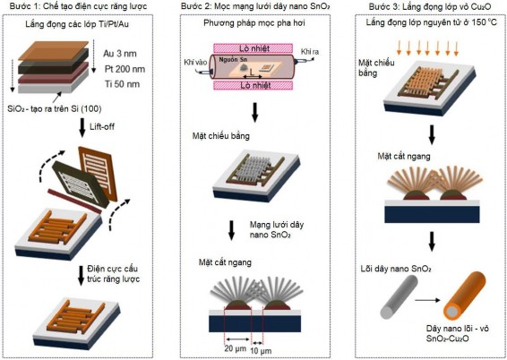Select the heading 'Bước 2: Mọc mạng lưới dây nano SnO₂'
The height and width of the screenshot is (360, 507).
coord(254,7)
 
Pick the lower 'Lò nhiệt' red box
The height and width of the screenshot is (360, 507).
coord(252,87)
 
